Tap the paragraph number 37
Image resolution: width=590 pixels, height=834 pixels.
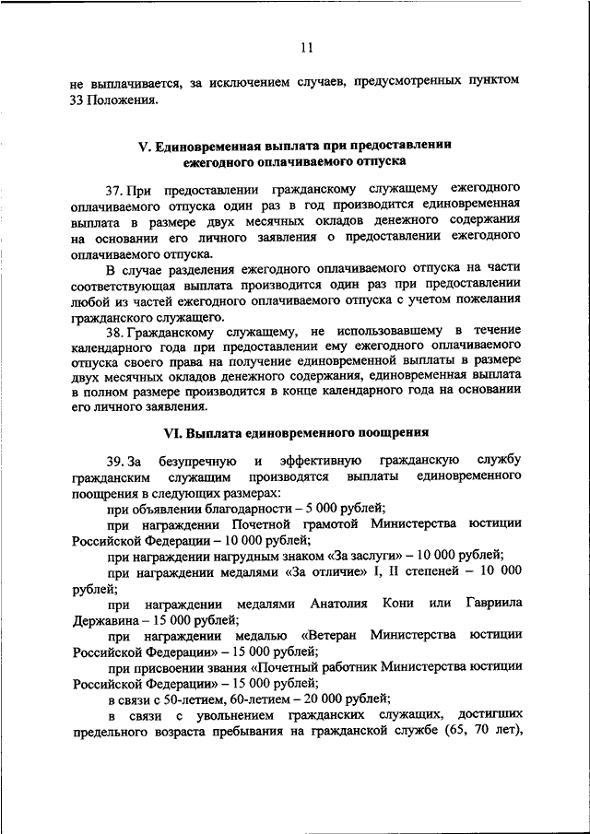point(113,189)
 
